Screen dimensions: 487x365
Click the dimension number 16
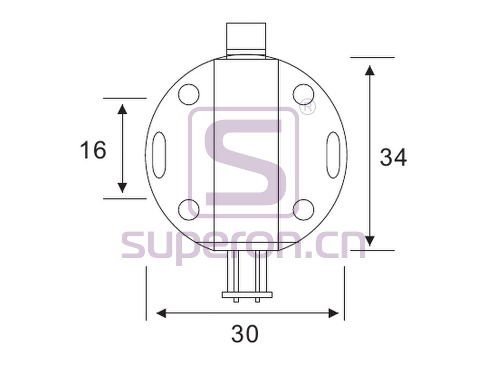pyautogui.click(x=93, y=150)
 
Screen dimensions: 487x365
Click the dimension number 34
pyautogui.click(x=393, y=157)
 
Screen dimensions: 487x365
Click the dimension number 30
pyautogui.click(x=245, y=334)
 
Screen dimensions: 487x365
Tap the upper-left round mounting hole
pyautogui.click(x=188, y=94)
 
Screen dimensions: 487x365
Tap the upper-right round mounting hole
pyautogui.click(x=304, y=94)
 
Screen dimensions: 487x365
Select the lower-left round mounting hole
pyautogui.click(x=188, y=210)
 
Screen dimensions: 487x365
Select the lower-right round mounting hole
pyautogui.click(x=304, y=210)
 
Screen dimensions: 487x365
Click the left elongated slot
pyautogui.click(x=159, y=155)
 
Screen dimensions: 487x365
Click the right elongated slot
pyautogui.click(x=333, y=155)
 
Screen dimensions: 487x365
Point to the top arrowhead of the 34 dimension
pyautogui.click(x=370, y=70)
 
